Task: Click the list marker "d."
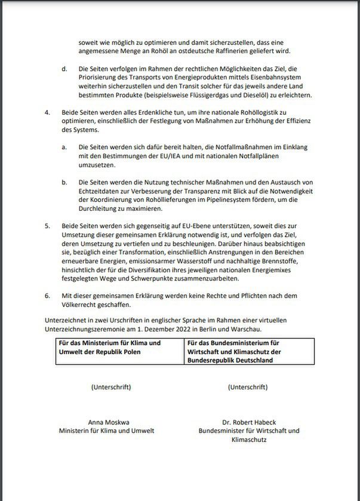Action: (x=64, y=69)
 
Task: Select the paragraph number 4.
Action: (x=48, y=112)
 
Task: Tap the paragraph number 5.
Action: (x=48, y=227)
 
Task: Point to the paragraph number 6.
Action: (x=48, y=296)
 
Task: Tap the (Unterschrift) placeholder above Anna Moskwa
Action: (x=111, y=387)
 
